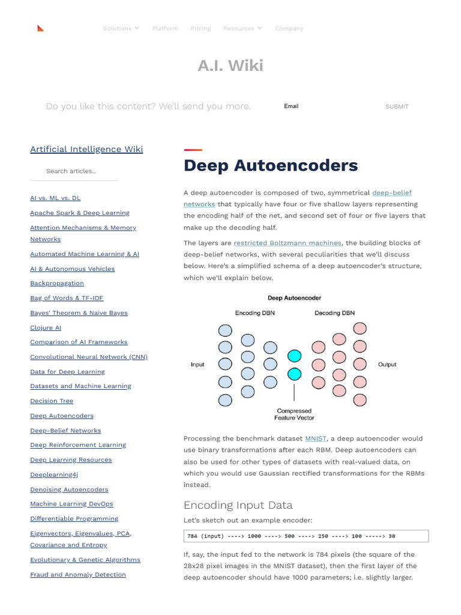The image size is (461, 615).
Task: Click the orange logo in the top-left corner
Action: click(x=40, y=28)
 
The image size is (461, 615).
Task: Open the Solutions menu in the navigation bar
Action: click(x=121, y=28)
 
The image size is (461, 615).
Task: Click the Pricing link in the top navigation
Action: click(x=200, y=28)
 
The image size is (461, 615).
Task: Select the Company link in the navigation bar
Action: click(x=289, y=28)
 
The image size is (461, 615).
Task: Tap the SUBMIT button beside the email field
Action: click(x=397, y=106)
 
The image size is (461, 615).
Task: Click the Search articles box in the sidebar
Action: click(x=73, y=171)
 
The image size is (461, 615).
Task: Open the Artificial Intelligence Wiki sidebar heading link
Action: click(x=86, y=149)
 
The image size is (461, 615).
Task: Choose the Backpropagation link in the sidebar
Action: click(x=57, y=283)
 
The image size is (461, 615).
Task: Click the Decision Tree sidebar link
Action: click(x=52, y=401)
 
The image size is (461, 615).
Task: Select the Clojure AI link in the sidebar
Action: click(x=46, y=328)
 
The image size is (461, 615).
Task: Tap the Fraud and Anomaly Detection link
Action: click(x=78, y=575)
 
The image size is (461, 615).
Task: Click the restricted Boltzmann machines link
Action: click(x=288, y=243)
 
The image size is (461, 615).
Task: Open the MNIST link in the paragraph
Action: click(x=316, y=438)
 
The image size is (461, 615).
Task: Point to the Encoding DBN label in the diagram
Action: click(x=255, y=313)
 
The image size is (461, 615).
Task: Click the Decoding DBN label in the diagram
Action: click(x=334, y=313)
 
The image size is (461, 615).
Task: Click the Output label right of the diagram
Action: click(x=387, y=365)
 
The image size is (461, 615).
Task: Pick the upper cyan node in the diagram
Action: click(x=294, y=356)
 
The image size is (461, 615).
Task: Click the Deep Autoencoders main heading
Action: click(x=271, y=166)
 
